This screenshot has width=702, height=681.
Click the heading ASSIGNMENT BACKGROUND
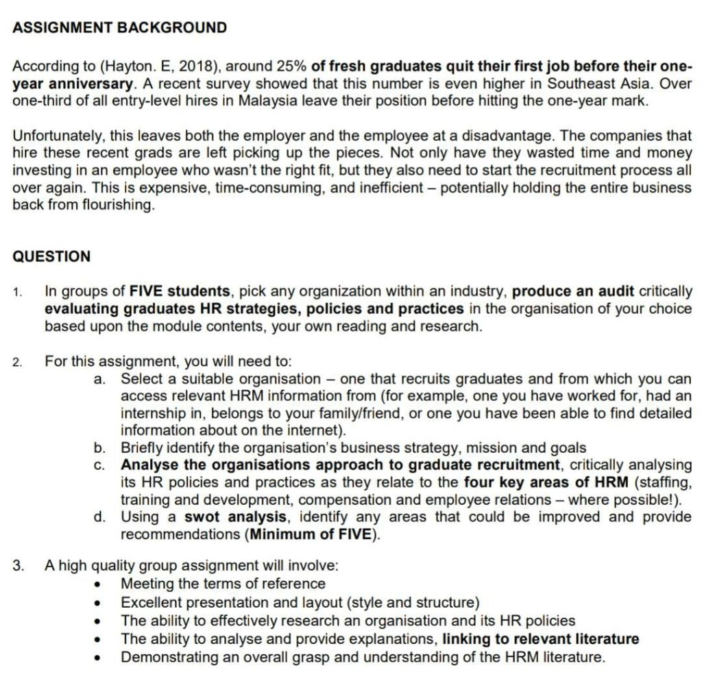point(120,28)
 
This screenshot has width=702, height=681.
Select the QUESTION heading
point(51,257)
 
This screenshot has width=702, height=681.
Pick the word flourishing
point(114,205)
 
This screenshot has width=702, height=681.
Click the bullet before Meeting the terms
point(101,584)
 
